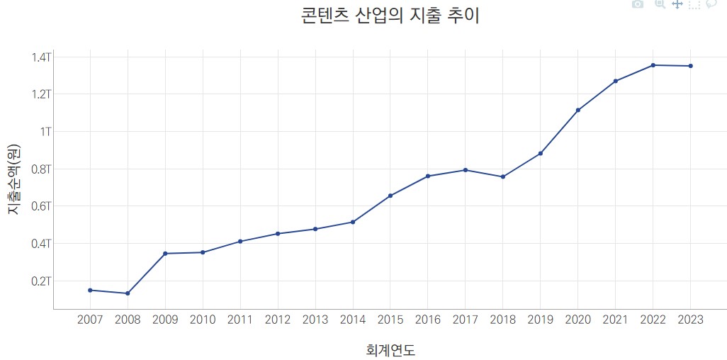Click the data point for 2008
coord(128,293)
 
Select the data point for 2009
coord(165,254)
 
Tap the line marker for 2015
coord(390,196)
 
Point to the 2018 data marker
coord(503,176)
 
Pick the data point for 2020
coord(578,110)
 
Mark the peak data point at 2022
coord(653,65)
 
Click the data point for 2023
coord(690,66)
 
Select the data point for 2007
coord(90,290)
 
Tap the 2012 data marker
coord(278,234)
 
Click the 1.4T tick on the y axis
coord(41,57)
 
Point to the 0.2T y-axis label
coord(41,281)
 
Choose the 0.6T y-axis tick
coord(41,206)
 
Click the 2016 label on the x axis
coord(428,320)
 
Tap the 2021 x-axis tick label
coord(615,320)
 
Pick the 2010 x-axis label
coord(203,320)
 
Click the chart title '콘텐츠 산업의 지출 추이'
coord(390,16)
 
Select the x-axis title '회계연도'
coord(390,350)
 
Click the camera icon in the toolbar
coord(638,4)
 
